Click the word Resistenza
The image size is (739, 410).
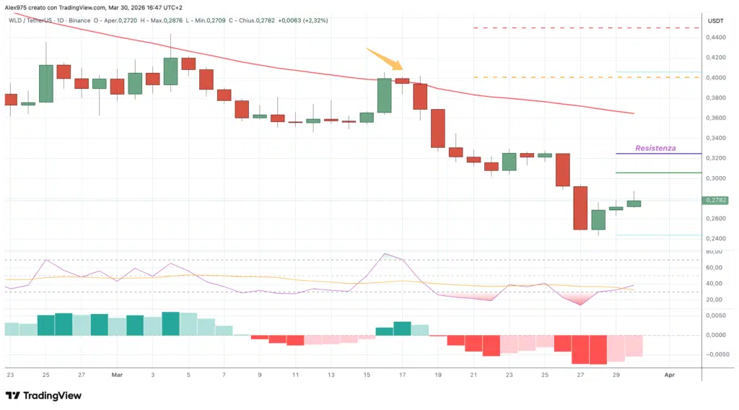coord(655,148)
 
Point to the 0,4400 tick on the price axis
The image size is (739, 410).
coord(715,57)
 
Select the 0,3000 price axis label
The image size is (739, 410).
coord(715,178)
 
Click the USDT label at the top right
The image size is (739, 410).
coord(715,21)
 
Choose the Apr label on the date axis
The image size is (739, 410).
coord(668,375)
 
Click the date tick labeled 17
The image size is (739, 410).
coord(402,375)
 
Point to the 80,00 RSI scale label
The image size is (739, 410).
coord(715,251)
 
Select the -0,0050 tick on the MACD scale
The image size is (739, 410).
coord(715,354)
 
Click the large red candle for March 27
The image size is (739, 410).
coord(580,208)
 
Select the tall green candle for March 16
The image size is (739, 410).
coord(385,95)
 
